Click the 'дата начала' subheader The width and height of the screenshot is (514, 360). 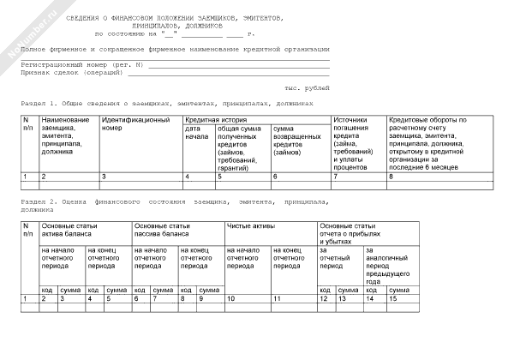point(197,132)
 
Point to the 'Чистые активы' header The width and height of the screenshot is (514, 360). point(248,225)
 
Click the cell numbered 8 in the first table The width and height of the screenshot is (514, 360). point(391,176)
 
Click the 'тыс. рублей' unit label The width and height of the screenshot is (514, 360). point(306,88)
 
